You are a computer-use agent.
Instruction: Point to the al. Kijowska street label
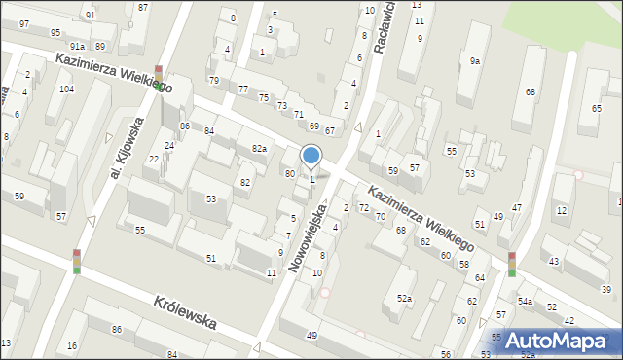pos(128,147)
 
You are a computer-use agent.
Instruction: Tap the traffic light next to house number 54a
pos(512,264)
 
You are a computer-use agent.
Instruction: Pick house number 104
pos(66,90)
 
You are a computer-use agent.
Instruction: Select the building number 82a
pos(259,148)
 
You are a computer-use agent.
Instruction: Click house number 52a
pos(404,299)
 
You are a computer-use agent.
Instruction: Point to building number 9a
pos(475,61)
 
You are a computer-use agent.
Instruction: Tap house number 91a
pos(77,46)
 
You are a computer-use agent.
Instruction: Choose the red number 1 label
pos(379,134)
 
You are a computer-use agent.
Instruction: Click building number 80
pos(289,173)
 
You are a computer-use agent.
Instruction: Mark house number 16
pos(72,346)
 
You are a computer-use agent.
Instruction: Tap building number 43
pos(554,262)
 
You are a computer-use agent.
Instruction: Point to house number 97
pos(24,23)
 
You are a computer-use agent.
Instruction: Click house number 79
pos(214,80)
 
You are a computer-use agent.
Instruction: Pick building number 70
pos(380,216)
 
